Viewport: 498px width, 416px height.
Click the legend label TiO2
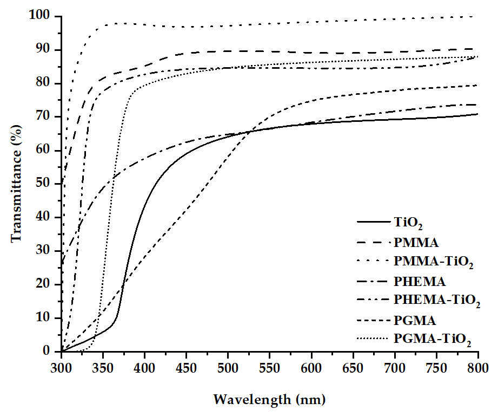409,223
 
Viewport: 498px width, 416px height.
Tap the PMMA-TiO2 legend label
434,263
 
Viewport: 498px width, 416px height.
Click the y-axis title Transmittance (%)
17,184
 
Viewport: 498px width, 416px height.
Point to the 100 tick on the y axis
42,16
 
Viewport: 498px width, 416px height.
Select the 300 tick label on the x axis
62,368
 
